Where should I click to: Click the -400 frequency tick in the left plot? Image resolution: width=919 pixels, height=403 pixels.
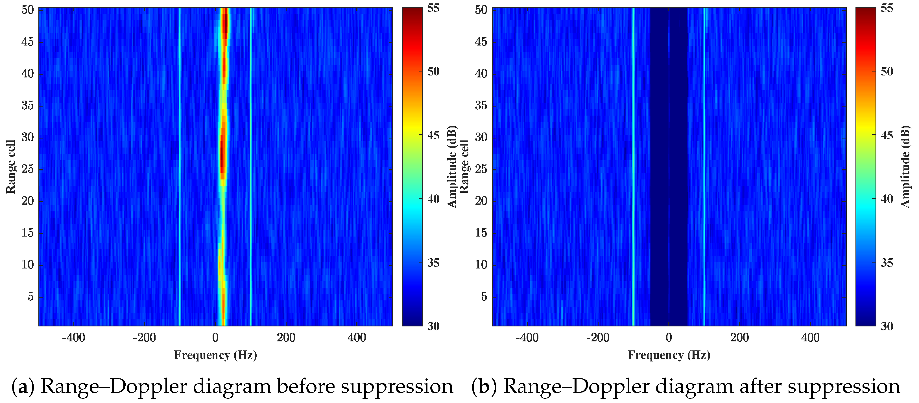(73, 337)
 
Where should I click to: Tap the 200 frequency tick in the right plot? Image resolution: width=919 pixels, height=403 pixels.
(739, 337)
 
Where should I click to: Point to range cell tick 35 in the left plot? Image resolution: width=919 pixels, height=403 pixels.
(27, 106)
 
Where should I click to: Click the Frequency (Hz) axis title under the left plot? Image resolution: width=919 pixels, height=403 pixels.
(215, 355)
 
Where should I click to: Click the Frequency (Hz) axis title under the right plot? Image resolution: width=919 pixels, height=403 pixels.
(669, 355)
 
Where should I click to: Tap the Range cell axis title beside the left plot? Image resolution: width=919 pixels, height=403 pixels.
(11, 167)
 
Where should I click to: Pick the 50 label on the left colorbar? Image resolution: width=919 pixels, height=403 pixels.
(433, 72)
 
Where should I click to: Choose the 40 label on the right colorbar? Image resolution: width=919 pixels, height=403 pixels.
(887, 199)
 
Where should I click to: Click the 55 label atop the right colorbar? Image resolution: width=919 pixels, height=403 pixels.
(887, 8)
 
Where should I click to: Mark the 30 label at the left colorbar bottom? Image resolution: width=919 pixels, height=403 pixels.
(433, 326)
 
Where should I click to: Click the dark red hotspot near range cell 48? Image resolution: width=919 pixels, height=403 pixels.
(225, 25)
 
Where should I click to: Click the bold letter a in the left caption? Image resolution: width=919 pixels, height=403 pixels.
(23, 387)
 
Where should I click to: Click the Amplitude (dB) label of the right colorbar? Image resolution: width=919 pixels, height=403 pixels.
(906, 167)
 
